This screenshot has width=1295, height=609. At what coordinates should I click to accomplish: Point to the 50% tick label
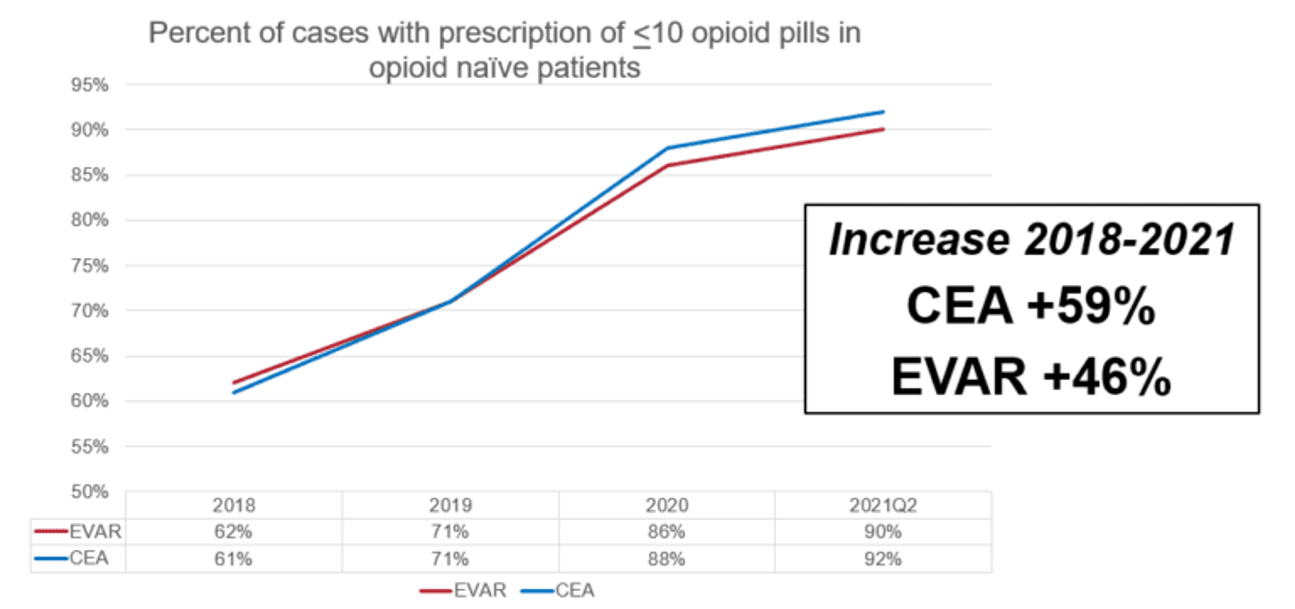tap(89, 491)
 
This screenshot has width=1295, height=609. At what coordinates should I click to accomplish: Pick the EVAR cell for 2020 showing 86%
tap(666, 531)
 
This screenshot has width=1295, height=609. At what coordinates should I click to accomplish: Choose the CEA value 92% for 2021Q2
tap(883, 559)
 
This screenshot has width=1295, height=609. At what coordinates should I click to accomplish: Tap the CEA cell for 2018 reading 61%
tap(233, 559)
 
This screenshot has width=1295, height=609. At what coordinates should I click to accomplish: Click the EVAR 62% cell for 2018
tap(233, 531)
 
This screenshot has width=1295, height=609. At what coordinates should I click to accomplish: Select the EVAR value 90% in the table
tap(883, 531)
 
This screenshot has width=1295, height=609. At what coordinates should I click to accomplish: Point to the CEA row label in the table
tap(88, 558)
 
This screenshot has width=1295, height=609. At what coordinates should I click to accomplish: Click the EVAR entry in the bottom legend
tap(479, 590)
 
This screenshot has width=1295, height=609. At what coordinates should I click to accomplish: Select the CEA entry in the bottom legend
tap(574, 590)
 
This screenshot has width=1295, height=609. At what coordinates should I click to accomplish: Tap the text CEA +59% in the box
tap(1031, 306)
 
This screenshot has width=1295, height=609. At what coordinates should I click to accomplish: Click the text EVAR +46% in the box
tap(1031, 377)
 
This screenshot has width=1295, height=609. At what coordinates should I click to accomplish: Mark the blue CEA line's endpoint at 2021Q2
tap(883, 112)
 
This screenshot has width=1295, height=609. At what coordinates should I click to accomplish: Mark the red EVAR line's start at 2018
tap(234, 383)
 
